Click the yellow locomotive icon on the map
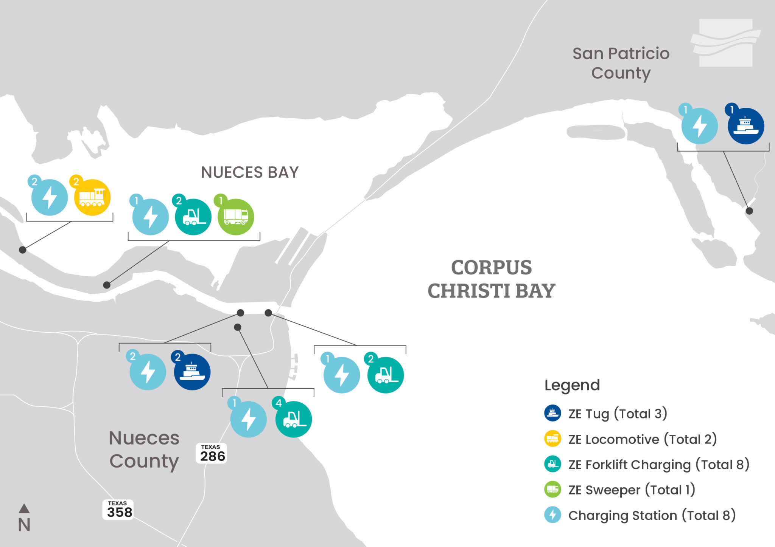pos(92,198)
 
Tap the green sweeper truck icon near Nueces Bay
pos(236,217)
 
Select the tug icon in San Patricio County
pos(745,126)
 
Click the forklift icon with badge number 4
pos(294,419)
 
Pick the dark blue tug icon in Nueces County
pos(192,372)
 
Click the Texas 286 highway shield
pos(212,453)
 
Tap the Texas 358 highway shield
pos(118,510)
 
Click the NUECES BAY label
pos(250,172)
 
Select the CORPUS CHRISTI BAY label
pos(491,279)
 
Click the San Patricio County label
pos(621,63)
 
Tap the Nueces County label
pos(144,449)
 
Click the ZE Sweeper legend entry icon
pos(552,490)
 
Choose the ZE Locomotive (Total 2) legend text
pos(643,439)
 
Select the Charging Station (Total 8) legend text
pos(652,515)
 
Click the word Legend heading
pos(572,385)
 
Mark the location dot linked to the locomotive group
pos(23,250)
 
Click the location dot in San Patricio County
pos(749,211)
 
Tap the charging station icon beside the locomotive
pos(50,198)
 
